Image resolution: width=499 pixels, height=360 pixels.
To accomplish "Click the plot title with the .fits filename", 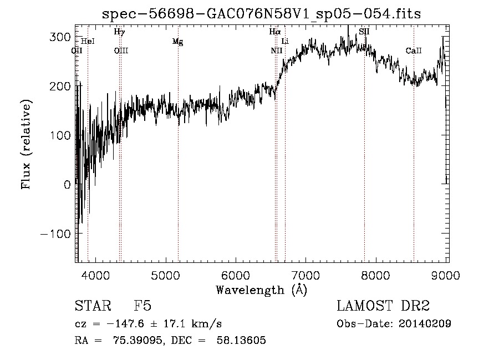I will (262, 14).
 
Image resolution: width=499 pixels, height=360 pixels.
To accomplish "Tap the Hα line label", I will (275, 32).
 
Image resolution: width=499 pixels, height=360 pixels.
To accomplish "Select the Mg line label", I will (177, 42).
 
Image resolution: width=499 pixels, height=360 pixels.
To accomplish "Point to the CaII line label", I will (414, 50).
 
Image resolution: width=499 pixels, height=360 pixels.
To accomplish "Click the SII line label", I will (364, 32).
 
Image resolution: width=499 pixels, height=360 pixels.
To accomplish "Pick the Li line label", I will (285, 42).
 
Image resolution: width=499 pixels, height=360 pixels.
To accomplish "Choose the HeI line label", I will (88, 42).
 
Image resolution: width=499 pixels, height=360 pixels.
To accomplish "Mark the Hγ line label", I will (119, 32).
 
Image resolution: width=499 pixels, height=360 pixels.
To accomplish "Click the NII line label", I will (276, 50).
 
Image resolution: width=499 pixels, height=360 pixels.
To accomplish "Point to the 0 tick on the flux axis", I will (67, 185).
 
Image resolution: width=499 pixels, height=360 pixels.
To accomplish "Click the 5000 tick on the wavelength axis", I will (166, 275).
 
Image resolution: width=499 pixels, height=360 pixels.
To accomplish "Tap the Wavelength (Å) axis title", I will (262, 290).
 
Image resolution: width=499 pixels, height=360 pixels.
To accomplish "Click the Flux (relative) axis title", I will (26, 144).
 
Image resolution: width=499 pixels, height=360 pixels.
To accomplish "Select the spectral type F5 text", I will (142, 306).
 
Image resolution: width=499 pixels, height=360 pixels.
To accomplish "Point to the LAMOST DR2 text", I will (383, 306).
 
